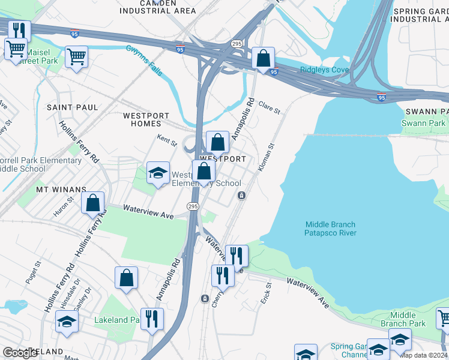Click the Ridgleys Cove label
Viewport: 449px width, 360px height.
pyautogui.click(x=324, y=70)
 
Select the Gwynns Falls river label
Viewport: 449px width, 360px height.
pyautogui.click(x=144, y=60)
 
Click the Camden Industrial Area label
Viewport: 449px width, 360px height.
pyautogui.click(x=158, y=7)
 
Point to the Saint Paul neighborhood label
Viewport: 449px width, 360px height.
pyautogui.click(x=73, y=107)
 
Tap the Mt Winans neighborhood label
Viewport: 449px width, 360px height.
pyautogui.click(x=61, y=189)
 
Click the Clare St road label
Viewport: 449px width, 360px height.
pyautogui.click(x=269, y=107)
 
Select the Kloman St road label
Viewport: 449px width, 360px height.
pyautogui.click(x=266, y=157)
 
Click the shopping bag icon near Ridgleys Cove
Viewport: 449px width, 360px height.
pyautogui.click(x=263, y=58)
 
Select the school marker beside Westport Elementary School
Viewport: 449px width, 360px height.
pyautogui.click(x=157, y=173)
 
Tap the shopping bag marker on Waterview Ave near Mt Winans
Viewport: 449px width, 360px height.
pyautogui.click(x=93, y=203)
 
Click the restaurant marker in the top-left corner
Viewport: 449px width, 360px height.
pyautogui.click(x=19, y=31)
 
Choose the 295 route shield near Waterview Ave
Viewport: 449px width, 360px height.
pyautogui.click(x=192, y=206)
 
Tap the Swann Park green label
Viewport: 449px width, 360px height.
pyautogui.click(x=424, y=123)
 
